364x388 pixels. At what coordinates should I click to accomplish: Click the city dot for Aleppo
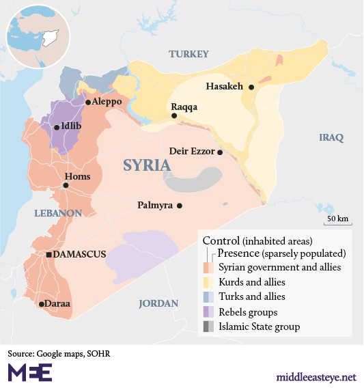tap(88, 102)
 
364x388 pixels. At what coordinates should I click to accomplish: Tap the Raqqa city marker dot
tap(174, 116)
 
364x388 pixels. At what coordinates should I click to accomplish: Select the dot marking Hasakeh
tap(251, 87)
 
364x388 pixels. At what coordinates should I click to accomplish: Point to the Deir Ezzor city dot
tap(220, 152)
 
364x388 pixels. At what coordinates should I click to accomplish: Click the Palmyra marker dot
tap(180, 205)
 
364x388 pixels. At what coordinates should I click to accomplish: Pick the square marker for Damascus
tap(49, 255)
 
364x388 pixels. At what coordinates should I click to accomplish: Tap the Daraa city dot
tap(42, 304)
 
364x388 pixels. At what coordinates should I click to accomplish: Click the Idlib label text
tap(72, 126)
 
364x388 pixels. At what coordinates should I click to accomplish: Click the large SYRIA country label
tap(147, 165)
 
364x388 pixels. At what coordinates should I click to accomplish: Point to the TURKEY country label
tap(188, 54)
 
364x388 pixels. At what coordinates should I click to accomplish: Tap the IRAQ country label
tap(331, 138)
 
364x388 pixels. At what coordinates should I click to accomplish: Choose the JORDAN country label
tap(158, 303)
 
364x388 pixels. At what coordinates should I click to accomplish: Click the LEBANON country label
tap(58, 213)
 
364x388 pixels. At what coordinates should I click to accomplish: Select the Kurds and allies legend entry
tap(251, 281)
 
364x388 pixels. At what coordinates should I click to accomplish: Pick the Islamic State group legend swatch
tap(208, 327)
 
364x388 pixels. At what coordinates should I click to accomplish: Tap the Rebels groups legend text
tap(247, 312)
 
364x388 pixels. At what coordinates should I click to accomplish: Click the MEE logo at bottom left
tap(29, 372)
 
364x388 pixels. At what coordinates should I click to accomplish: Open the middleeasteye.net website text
tap(316, 376)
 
